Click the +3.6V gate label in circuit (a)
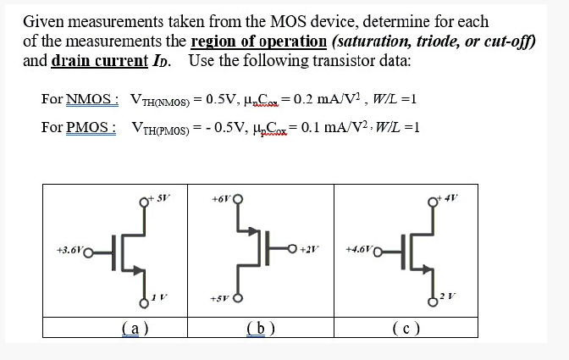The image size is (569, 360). tap(70, 252)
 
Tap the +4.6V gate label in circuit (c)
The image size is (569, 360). tap(361, 251)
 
